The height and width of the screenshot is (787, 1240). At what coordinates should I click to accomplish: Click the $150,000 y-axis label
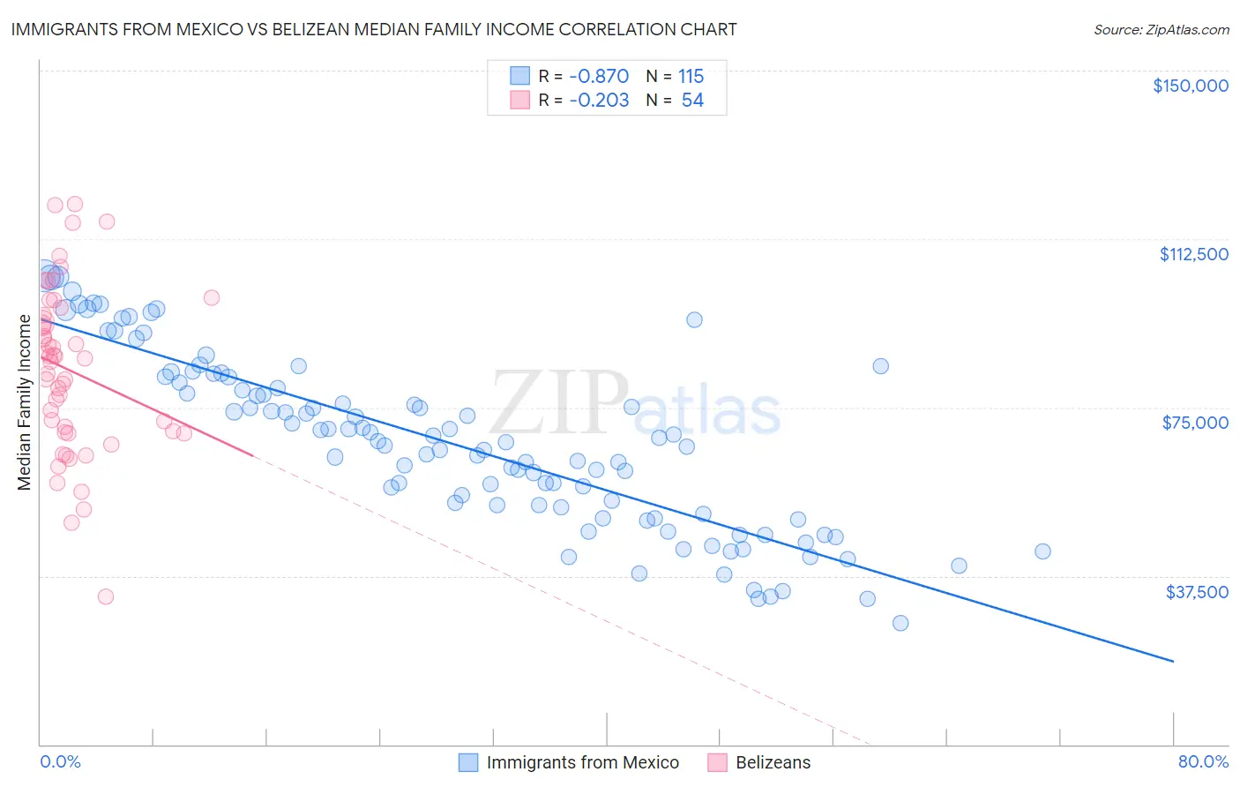[x=1190, y=86]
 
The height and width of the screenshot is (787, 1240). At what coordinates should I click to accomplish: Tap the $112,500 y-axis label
[x=1193, y=254]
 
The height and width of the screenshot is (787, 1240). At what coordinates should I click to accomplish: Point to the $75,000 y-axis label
[x=1195, y=423]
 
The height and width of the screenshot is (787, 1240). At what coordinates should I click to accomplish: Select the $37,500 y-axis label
[x=1197, y=592]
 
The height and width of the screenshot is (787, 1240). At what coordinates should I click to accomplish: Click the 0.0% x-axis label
[x=60, y=761]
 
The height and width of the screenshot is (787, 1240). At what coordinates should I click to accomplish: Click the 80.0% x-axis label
[x=1203, y=761]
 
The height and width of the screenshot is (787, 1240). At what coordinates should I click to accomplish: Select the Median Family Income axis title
[x=25, y=401]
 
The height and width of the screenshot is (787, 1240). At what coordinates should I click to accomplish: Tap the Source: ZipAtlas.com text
[x=1161, y=29]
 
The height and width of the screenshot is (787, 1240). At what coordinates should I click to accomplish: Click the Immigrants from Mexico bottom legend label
[x=582, y=762]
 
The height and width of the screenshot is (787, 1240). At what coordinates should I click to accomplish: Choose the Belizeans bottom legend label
[x=773, y=762]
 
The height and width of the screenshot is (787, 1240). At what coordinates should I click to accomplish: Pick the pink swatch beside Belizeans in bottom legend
[x=717, y=762]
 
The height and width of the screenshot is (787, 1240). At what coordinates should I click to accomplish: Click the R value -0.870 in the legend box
[x=599, y=76]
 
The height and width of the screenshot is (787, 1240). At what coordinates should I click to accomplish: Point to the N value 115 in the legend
[x=691, y=76]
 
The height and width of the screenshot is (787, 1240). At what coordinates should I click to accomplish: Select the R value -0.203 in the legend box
[x=599, y=100]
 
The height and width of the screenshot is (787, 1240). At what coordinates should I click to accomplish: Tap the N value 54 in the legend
[x=692, y=100]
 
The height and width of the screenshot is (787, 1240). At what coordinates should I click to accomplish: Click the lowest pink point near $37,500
[x=106, y=596]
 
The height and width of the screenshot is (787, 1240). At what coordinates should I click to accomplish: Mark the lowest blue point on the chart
[x=900, y=623]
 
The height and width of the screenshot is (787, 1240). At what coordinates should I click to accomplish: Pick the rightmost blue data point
[x=1042, y=551]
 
